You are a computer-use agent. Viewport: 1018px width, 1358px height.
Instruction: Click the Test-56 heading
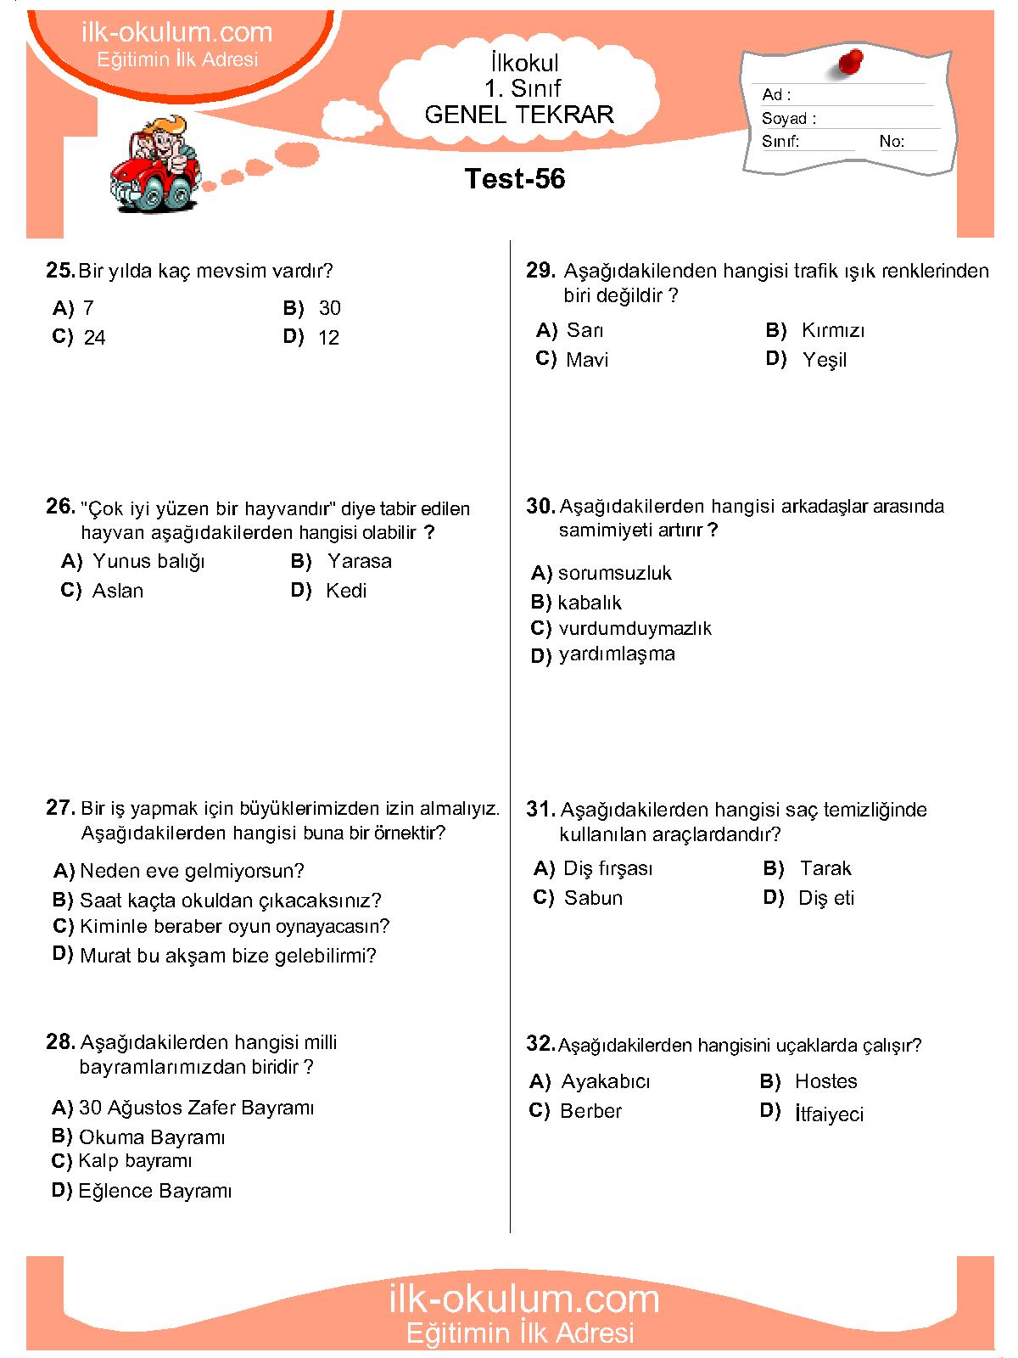(515, 179)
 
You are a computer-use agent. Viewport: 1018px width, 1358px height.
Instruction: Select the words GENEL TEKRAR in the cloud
(518, 115)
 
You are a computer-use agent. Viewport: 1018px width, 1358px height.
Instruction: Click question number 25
(60, 271)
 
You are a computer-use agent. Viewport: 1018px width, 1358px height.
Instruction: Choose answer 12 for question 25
(328, 338)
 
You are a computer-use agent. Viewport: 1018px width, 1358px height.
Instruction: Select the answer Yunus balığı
(148, 561)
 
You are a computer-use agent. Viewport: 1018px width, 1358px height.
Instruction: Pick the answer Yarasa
(360, 561)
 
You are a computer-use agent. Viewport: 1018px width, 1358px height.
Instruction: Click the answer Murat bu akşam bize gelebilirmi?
(227, 956)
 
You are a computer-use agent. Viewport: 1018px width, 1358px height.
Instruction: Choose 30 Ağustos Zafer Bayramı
(196, 1108)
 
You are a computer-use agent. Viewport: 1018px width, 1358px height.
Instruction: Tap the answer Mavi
(587, 360)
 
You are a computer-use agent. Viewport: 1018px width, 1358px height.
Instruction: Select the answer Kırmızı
(833, 330)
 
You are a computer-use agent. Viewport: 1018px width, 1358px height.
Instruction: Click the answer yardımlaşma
(617, 654)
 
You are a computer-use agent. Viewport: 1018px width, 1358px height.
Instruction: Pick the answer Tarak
(825, 868)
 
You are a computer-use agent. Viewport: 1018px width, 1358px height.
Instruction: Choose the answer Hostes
(825, 1081)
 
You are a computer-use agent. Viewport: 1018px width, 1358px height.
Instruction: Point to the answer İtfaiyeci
(829, 1114)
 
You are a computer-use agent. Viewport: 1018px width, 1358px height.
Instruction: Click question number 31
(540, 810)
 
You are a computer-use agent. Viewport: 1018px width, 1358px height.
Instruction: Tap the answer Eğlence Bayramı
(154, 1191)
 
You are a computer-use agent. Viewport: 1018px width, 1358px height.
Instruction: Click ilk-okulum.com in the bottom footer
(523, 1299)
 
